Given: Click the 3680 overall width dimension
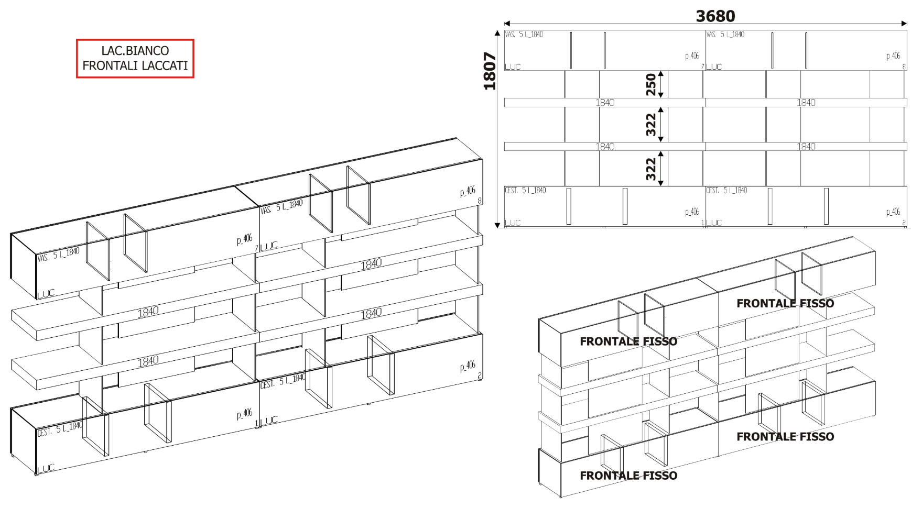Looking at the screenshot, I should click(715, 16).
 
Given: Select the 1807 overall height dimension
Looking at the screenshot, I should click(490, 71).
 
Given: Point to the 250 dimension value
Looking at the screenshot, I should click(650, 84).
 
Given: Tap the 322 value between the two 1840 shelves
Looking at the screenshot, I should click(650, 125).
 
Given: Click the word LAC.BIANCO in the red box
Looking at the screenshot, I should click(135, 51).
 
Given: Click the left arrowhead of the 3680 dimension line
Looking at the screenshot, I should click(507, 23).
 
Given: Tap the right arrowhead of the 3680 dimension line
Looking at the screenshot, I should click(904, 23).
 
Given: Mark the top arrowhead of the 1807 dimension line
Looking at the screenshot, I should click(497, 33).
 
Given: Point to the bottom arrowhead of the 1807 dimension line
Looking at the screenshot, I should click(497, 225).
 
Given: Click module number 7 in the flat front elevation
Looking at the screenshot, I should click(702, 67).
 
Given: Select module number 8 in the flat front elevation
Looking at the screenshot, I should click(904, 67).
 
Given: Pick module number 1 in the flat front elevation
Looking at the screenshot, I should click(702, 223).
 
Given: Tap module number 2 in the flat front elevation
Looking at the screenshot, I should click(904, 223).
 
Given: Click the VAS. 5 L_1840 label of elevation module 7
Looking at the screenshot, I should click(524, 35).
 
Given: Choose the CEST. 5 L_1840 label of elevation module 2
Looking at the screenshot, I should click(726, 190).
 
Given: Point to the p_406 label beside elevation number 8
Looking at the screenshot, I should click(893, 56).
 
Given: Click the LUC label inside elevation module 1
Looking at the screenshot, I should click(513, 223).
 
